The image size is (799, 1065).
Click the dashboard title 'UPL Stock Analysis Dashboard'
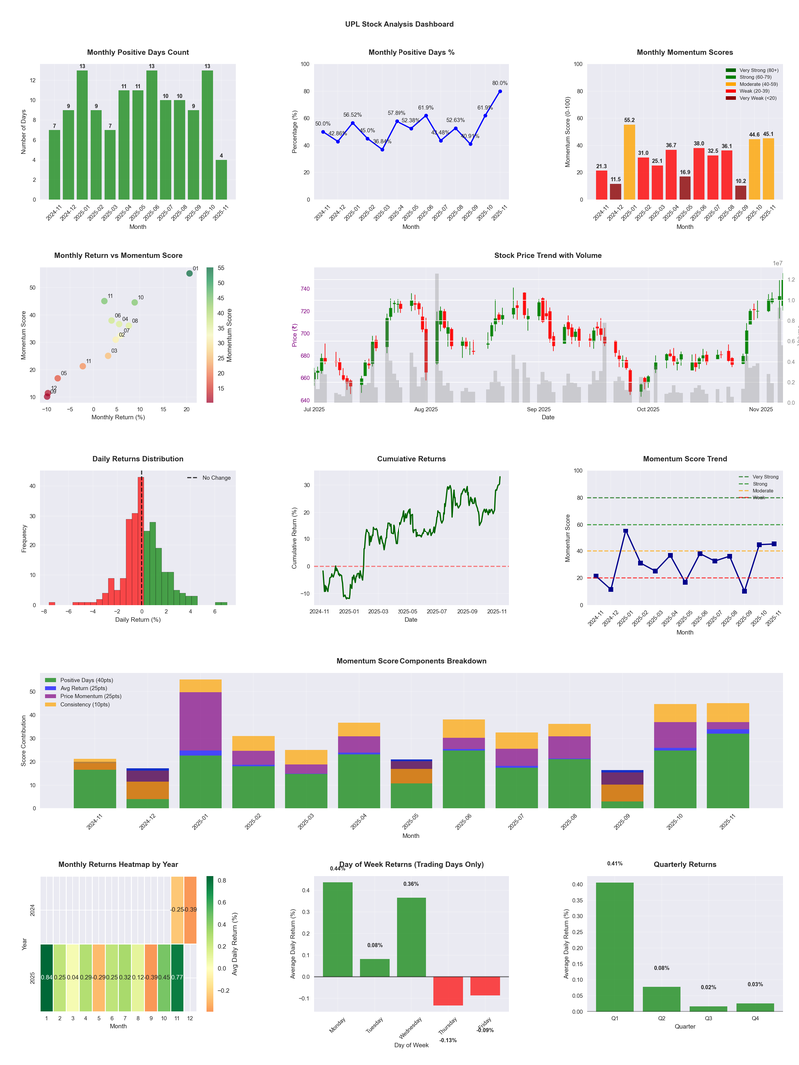click(x=399, y=23)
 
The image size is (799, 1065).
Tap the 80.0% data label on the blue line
click(x=499, y=84)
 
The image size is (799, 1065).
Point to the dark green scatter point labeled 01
click(x=189, y=273)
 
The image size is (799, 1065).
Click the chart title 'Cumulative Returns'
click(x=411, y=459)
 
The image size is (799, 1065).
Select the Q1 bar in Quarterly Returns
click(x=614, y=946)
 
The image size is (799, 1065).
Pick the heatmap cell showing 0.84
click(x=46, y=977)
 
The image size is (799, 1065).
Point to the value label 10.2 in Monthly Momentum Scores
click(x=740, y=181)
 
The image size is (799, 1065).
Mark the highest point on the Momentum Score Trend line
click(x=625, y=531)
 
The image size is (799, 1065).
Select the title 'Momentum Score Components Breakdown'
click(x=411, y=662)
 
